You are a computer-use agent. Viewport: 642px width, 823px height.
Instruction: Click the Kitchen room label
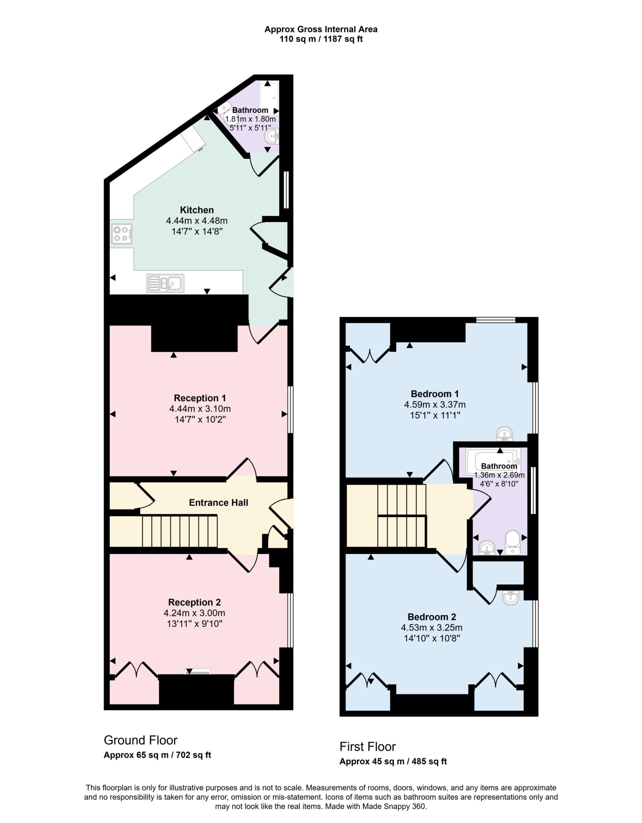(196, 210)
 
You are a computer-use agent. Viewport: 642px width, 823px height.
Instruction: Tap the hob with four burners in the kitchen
(122, 234)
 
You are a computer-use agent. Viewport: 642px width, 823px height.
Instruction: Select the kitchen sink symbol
(165, 283)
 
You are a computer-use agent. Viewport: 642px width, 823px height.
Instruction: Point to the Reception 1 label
(200, 398)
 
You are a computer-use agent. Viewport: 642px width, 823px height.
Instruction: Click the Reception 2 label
(194, 602)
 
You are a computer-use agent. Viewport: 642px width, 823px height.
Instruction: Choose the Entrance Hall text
(218, 502)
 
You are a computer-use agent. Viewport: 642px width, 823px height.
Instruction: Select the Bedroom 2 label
(431, 616)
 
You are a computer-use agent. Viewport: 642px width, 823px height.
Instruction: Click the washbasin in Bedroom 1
(504, 434)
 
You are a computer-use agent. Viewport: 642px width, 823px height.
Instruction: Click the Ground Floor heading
(141, 740)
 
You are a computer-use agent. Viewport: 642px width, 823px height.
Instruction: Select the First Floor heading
(368, 746)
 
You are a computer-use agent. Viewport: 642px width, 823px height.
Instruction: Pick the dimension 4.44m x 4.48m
(196, 221)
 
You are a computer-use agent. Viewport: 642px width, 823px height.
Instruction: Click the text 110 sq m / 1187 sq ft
(321, 39)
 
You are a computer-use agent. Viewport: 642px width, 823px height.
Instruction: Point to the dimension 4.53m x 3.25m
(431, 627)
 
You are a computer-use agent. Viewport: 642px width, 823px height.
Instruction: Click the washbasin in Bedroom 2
(510, 597)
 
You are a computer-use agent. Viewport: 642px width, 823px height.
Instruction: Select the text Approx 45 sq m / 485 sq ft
(393, 761)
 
